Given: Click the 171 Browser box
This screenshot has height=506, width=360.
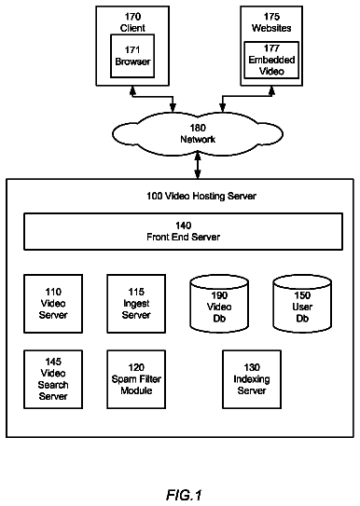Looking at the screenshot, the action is coord(132,56).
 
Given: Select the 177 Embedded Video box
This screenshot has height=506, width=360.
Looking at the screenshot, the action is coord(271,60).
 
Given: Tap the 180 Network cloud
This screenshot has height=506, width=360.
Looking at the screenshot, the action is coord(198,133).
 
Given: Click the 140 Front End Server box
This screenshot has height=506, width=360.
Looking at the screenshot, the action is coord(183,231).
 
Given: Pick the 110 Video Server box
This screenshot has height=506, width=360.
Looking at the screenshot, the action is coord(53,304).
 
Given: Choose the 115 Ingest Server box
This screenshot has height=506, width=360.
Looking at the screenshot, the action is coord(136,304).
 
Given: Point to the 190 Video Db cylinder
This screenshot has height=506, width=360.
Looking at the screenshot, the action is coord(219,304).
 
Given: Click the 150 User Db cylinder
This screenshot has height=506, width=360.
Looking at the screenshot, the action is coord(302,304).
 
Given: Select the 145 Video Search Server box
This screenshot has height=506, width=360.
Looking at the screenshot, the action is coord(53,379).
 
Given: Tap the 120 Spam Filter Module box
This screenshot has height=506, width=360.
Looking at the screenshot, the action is coord(136,379).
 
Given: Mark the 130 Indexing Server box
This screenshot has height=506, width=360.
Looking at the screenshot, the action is coord(252,379).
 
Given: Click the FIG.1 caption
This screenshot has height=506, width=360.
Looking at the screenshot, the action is coord(184,495).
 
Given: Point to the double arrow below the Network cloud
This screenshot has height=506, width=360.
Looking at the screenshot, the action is coord(198,166).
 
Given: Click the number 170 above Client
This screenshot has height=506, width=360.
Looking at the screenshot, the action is coord(132,17).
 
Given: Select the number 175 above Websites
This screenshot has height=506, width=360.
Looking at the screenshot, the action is coord(271,17).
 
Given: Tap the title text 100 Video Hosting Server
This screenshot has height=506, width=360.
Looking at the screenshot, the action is coord(201,196).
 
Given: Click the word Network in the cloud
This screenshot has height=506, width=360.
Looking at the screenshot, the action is coord(198,140).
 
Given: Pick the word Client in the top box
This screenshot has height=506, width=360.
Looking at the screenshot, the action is coord(132,28).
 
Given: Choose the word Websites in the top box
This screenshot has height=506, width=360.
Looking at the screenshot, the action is coord(271,28).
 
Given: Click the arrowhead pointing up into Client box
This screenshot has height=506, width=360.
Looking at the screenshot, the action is coord(132,90).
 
